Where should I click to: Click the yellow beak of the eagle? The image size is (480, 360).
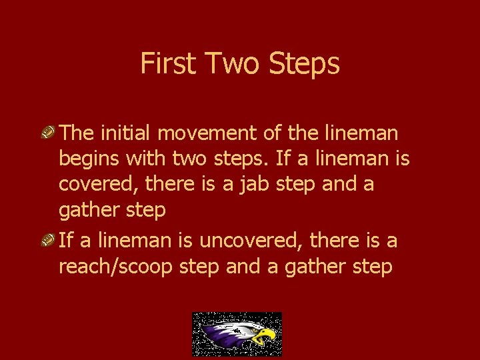tap(267, 334)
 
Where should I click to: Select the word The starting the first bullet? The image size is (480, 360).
tap(77, 133)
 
